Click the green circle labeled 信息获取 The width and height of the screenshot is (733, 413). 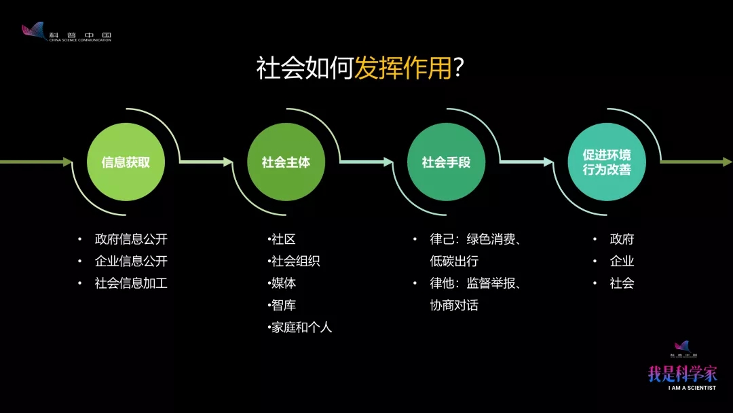tap(126, 162)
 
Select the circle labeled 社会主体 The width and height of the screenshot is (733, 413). tap(286, 162)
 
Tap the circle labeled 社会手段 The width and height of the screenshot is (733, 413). tap(447, 162)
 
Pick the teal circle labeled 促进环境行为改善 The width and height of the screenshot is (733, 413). tap(607, 162)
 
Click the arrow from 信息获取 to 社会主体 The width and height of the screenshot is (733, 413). tap(206, 162)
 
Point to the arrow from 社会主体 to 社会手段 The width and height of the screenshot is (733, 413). tap(366, 162)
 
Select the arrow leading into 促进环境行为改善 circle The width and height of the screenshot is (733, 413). tap(527, 162)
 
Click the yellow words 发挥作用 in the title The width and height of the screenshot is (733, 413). tap(403, 68)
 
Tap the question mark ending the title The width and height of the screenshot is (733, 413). tap(459, 68)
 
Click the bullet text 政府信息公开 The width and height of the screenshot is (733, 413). tap(132, 239)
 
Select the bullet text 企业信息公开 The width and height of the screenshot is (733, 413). tap(132, 261)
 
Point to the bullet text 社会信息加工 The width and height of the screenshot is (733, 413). tap(132, 283)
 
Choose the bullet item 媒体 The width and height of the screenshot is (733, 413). tap(283, 283)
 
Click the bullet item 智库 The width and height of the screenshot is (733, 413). tap(283, 305)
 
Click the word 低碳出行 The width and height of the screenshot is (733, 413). tap(454, 261)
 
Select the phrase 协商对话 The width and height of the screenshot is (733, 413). tap(454, 305)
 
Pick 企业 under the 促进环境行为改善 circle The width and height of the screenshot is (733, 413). tap(622, 261)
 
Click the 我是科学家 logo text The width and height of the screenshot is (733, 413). tap(683, 374)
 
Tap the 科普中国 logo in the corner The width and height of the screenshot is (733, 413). tap(67, 33)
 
